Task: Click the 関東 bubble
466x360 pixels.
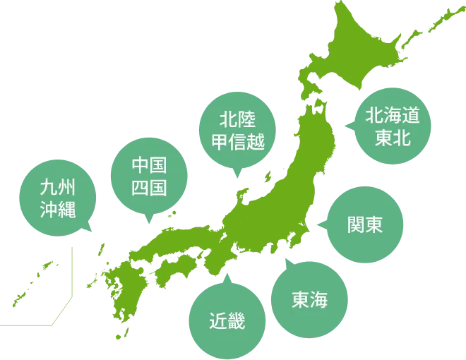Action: coord(366,225)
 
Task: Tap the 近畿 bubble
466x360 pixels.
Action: coord(227,320)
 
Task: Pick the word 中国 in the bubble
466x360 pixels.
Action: coord(149,167)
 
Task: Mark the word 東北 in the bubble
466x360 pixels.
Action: coord(393,138)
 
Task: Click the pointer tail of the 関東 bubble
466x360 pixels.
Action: coord(324,225)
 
